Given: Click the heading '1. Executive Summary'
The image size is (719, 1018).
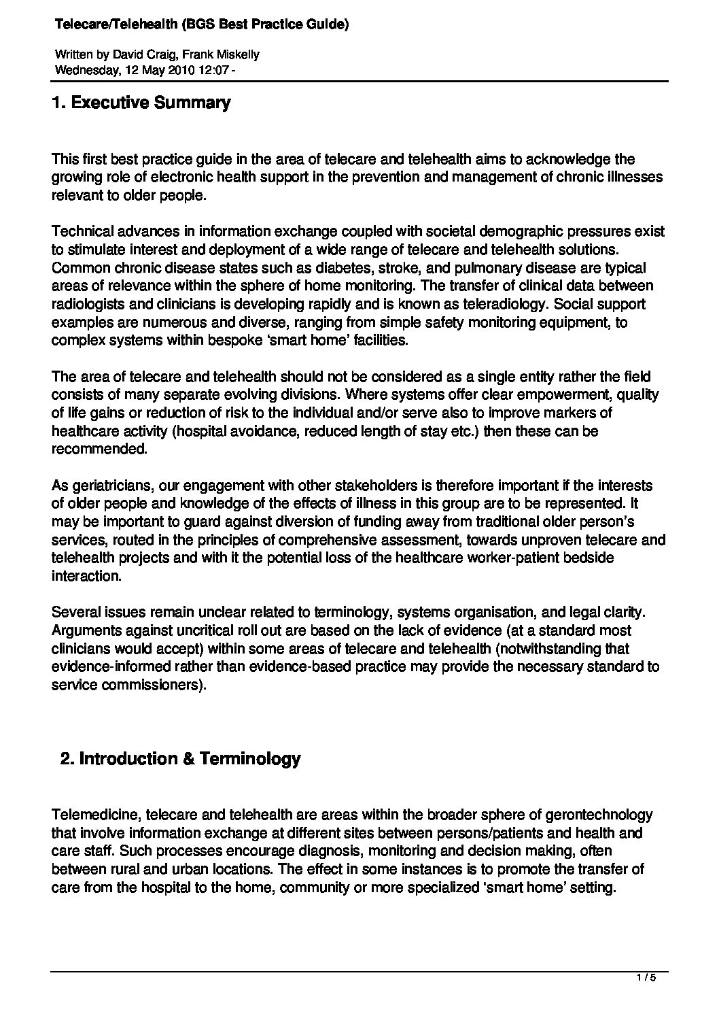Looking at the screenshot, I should click(141, 103).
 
